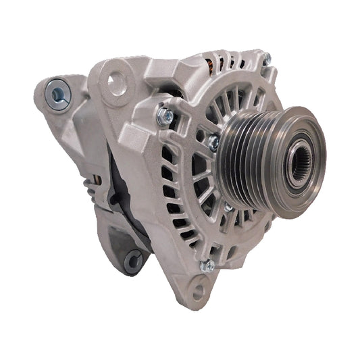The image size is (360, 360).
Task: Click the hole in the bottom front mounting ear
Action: click(x=198, y=292)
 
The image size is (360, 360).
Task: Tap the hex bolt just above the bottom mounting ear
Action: click(x=209, y=265)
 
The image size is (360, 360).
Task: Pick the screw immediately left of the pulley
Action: click(x=214, y=143)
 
